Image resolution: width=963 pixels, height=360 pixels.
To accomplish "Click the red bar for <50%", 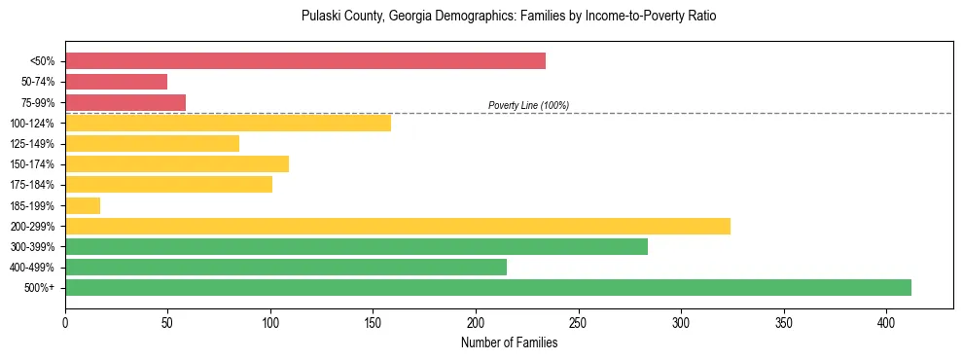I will click(305, 61).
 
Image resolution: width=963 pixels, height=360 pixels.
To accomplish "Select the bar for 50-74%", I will click(116, 82).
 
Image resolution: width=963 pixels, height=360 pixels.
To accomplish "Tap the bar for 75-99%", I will click(125, 102).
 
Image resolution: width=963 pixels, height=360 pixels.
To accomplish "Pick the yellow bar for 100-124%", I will click(228, 123).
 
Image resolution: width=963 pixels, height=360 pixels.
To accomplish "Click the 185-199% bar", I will click(83, 205).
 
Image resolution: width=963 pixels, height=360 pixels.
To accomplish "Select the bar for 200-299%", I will click(398, 226).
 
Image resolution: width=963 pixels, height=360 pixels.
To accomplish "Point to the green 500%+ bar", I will click(488, 287).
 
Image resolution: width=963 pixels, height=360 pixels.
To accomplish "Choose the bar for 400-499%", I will click(286, 267).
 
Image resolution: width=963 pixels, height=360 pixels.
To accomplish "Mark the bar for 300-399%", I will click(356, 246).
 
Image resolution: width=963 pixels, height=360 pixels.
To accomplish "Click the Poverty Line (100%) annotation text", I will click(528, 105).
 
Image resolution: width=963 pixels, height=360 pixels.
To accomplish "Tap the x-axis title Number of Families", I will click(509, 342).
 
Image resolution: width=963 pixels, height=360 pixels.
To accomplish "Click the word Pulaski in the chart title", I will click(322, 17).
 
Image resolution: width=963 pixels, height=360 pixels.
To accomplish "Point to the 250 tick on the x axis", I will click(578, 322).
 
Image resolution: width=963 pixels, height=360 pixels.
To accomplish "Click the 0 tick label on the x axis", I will click(65, 322).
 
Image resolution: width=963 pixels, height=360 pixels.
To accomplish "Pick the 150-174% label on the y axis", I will click(32, 164).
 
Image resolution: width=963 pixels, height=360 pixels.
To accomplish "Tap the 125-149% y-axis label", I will click(32, 144).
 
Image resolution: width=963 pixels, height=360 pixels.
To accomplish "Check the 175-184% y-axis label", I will click(32, 185).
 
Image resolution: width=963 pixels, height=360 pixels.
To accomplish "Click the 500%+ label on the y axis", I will click(39, 288).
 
